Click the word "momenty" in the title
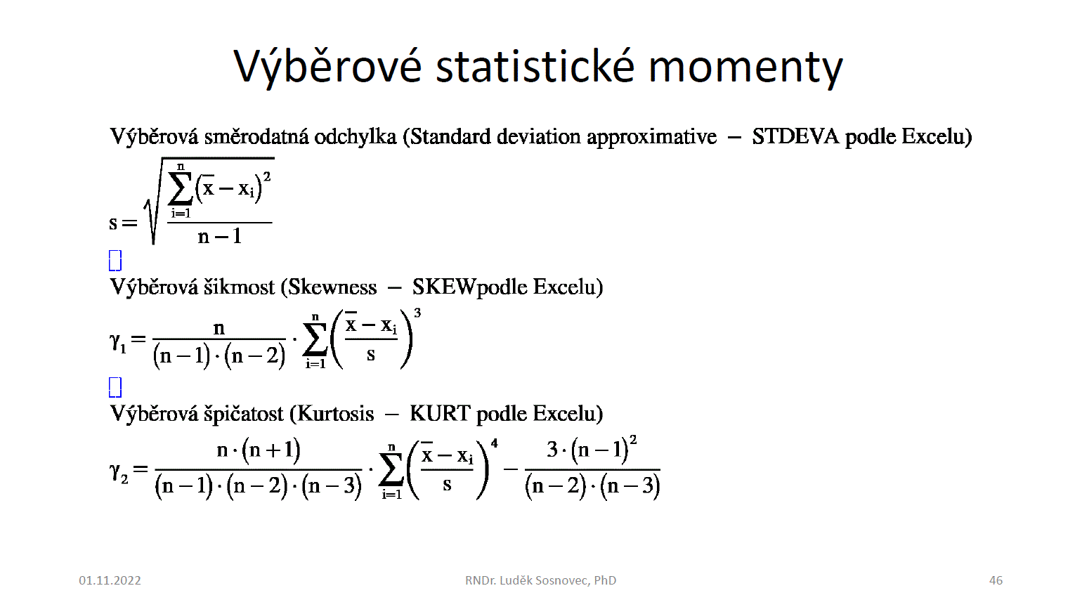point(745,67)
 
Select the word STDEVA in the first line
point(795,137)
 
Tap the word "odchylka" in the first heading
point(356,138)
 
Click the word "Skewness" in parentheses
point(329,287)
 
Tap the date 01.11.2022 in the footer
point(110,580)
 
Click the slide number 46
point(996,580)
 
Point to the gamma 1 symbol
point(118,342)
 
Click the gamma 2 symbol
point(119,473)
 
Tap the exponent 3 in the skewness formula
point(417,313)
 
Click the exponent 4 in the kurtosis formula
point(495,443)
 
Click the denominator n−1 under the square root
point(220,237)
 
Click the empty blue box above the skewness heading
point(115,261)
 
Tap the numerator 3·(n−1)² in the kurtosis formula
point(592,450)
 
